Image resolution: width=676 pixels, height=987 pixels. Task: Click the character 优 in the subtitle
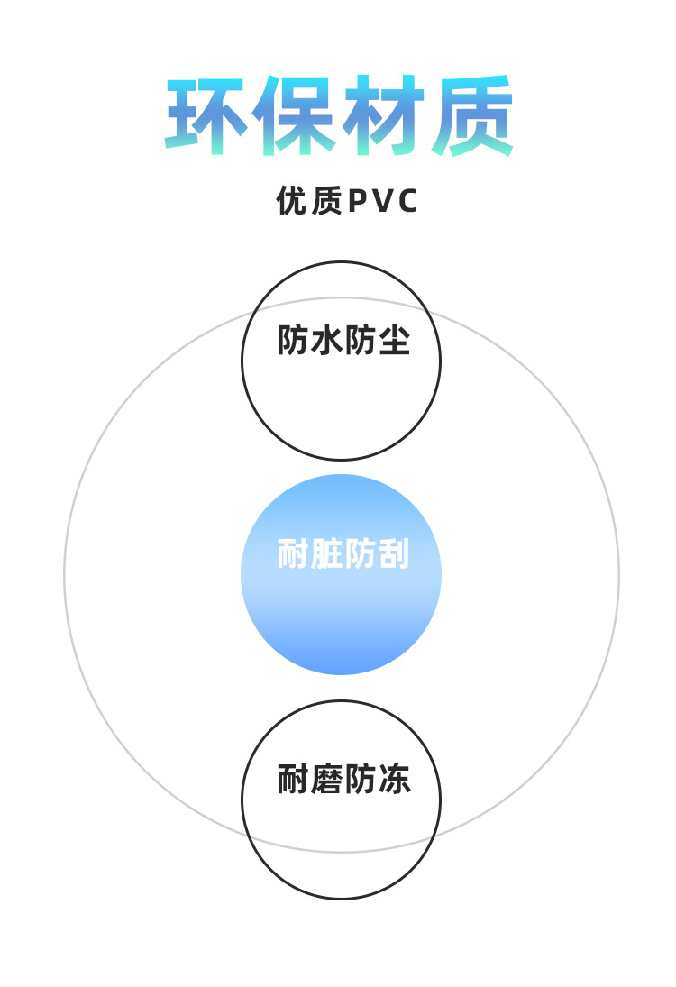coord(292,201)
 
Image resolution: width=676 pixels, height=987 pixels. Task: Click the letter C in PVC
coord(407,201)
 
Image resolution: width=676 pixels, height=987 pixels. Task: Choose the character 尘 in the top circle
coord(395,341)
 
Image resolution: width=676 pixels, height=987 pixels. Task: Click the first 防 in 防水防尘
coord(293,341)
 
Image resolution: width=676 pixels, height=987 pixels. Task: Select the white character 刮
coord(394,554)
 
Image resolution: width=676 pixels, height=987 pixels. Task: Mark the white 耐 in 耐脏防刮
coord(293,554)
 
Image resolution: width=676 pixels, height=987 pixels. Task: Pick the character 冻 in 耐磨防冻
coord(395,780)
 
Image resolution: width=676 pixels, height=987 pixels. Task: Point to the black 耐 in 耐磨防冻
coord(293,780)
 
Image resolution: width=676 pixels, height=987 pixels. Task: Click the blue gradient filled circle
coord(341,622)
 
